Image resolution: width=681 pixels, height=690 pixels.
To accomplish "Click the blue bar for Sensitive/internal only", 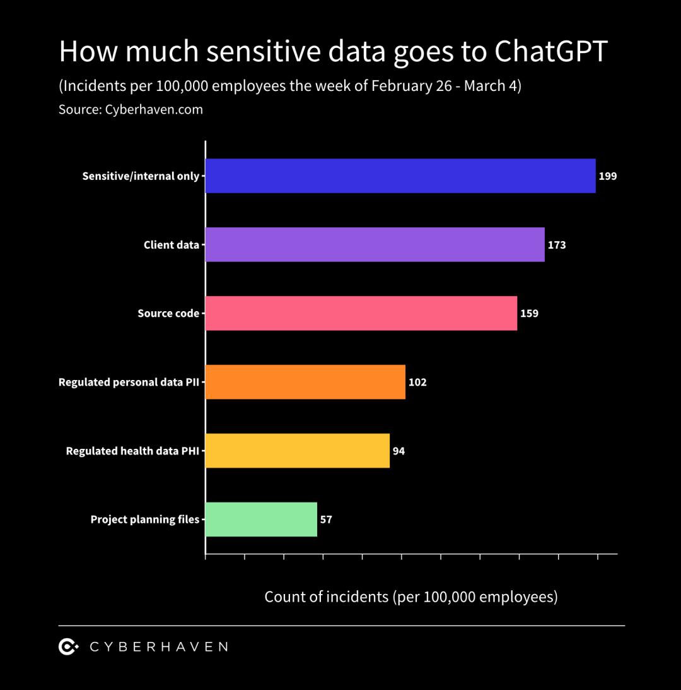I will coord(400,175).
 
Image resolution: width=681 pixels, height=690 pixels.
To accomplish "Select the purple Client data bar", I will coord(375,244).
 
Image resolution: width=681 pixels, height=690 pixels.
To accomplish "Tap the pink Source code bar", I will coord(361,313).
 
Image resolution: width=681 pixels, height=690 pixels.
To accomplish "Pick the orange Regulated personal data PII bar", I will coord(305,382).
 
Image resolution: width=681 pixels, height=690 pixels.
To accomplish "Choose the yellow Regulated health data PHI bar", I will coord(297,451).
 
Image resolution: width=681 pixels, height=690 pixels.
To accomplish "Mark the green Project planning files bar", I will coord(261,520).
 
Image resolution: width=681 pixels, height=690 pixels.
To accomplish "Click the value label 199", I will coord(608,176).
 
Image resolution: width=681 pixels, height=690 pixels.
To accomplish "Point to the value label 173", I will coord(557,245).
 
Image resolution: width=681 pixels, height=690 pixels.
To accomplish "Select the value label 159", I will coord(529,313).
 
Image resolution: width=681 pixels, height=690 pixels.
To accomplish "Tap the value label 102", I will coord(417,382).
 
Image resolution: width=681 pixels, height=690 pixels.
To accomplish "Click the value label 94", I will coord(399,451).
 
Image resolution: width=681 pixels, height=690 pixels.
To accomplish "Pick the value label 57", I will coord(326,520).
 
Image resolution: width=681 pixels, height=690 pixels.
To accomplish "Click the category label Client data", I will coord(171,245).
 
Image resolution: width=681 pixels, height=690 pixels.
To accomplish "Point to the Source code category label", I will coord(168,313).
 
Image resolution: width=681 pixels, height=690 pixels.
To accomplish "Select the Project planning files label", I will coord(145,520).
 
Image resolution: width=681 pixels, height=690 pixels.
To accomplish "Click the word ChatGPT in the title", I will coord(550,52).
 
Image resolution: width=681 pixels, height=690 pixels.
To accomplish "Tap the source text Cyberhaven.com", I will coord(154,109).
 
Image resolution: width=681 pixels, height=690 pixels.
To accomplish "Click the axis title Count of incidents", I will coord(326,597).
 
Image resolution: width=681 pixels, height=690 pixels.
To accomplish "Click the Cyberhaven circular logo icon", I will coord(68,646).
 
